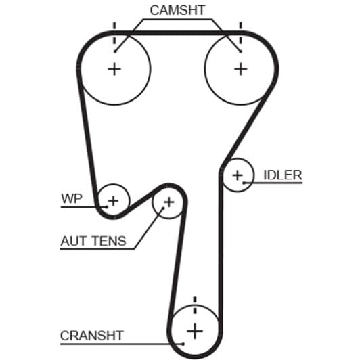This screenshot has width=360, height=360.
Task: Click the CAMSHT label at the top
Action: pyautogui.click(x=177, y=10)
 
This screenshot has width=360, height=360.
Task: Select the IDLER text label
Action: pyautogui.click(x=283, y=175)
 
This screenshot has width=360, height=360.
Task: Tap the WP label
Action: pyautogui.click(x=72, y=198)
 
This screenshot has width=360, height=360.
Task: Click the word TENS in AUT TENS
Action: pyautogui.click(x=110, y=241)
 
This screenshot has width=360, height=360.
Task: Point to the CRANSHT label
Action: pyautogui.click(x=92, y=336)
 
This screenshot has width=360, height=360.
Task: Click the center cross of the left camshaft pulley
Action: pyautogui.click(x=114, y=69)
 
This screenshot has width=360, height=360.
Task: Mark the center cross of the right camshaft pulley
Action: pyautogui.click(x=241, y=69)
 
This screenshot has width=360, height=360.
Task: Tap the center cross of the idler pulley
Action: pyautogui.click(x=238, y=176)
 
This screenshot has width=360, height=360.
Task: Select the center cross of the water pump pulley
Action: pyautogui.click(x=113, y=201)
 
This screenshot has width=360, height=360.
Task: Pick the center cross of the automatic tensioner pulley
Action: pyautogui.click(x=169, y=202)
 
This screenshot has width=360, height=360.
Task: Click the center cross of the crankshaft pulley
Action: pyautogui.click(x=195, y=331)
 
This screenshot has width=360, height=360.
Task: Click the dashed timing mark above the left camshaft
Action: pyautogui.click(x=114, y=33)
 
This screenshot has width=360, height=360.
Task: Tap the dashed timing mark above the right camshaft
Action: pyautogui.click(x=241, y=33)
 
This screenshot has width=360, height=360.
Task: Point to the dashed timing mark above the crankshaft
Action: pyautogui.click(x=195, y=305)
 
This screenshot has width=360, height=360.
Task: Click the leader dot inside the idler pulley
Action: pyautogui.click(x=244, y=183)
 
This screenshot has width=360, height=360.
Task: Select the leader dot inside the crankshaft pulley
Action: pyautogui.click(x=183, y=344)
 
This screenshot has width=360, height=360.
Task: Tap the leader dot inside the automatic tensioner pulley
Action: pyautogui.click(x=164, y=208)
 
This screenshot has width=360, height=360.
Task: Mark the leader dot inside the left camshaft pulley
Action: pyautogui.click(x=115, y=51)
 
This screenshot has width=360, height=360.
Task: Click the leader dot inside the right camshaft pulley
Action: pyautogui.click(x=240, y=51)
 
